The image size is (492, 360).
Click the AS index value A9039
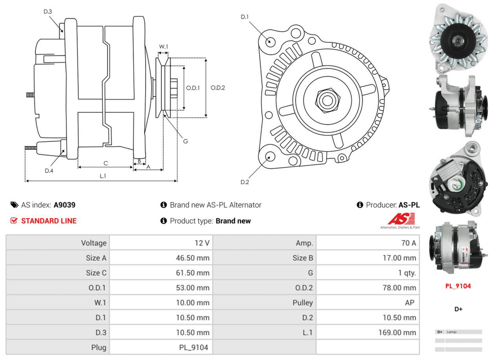(64, 205)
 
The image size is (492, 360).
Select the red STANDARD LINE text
(49, 221)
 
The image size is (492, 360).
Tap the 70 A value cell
(406, 243)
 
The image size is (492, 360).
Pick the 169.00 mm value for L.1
(397, 332)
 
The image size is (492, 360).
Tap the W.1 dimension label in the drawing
(163, 47)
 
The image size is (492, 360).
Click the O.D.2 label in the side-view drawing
(217, 88)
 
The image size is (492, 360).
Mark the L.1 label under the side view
(103, 176)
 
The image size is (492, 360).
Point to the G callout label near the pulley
(185, 141)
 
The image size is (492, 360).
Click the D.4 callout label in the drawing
(49, 170)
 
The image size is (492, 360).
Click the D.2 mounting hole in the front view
(270, 158)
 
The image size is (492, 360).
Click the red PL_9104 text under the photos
(458, 286)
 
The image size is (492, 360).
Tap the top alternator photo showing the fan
(458, 37)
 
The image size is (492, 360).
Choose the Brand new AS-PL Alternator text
(215, 205)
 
